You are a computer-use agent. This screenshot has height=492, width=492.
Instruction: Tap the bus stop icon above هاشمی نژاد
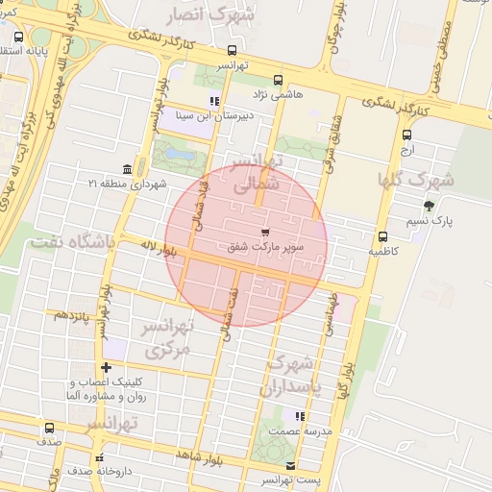(x=279, y=80)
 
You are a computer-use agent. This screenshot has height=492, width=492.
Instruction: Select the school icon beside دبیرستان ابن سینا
(x=214, y=101)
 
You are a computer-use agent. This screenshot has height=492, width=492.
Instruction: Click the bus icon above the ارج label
(x=406, y=135)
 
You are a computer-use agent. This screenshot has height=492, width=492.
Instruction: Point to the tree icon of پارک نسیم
(x=429, y=206)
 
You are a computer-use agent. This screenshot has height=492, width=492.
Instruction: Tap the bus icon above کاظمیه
(x=382, y=235)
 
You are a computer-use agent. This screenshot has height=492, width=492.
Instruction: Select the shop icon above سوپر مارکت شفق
(x=264, y=232)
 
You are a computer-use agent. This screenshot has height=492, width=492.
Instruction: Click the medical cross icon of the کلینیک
(x=106, y=367)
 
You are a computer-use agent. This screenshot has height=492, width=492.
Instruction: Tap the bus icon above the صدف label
(x=49, y=428)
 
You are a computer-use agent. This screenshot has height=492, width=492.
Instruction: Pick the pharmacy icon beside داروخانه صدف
(x=98, y=457)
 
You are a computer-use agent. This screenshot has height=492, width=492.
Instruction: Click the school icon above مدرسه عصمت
(x=300, y=417)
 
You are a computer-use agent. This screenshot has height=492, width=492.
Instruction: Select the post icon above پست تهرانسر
(x=291, y=466)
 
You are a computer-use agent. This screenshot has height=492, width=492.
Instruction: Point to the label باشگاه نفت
(x=71, y=242)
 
